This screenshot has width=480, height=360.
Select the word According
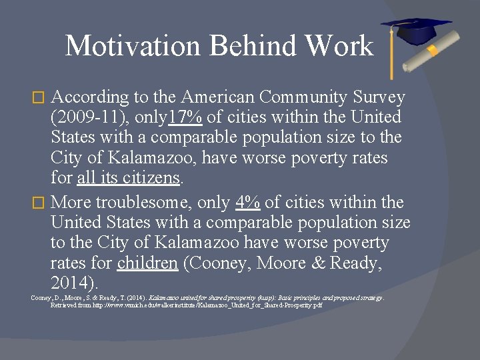coord(89,97)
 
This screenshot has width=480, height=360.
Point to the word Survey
coord(379,97)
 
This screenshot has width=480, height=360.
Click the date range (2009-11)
coord(85,118)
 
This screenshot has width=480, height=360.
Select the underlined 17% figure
coord(185,118)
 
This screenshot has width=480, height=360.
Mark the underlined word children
coord(147,263)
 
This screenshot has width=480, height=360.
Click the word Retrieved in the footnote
coord(65,305)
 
